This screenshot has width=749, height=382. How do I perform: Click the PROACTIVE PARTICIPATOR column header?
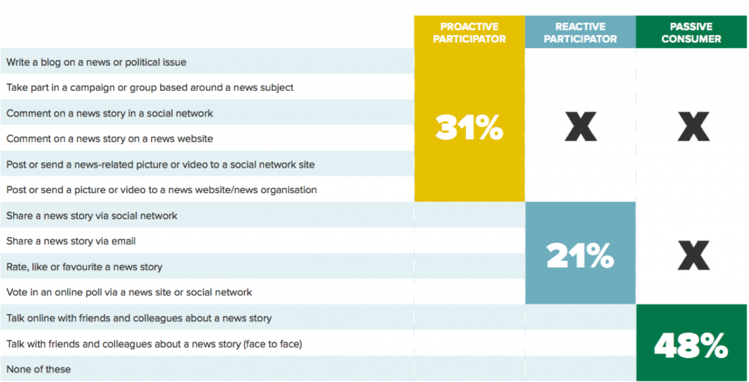[469, 32]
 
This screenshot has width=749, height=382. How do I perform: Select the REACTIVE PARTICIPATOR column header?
[580, 32]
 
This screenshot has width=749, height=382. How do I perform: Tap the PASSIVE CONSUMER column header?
[691, 32]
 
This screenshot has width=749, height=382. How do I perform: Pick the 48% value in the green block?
[691, 345]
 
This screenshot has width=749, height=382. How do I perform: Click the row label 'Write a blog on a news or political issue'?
[97, 62]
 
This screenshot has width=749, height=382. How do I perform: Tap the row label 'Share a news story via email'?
[71, 241]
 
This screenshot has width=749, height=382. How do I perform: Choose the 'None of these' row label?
[39, 369]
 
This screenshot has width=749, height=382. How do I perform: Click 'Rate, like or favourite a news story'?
[84, 266]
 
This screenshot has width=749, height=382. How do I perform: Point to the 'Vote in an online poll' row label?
[129, 292]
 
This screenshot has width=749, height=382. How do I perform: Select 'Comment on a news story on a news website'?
[110, 138]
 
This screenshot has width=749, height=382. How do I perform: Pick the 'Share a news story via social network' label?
[91, 216]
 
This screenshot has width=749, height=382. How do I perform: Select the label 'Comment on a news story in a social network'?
[110, 113]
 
